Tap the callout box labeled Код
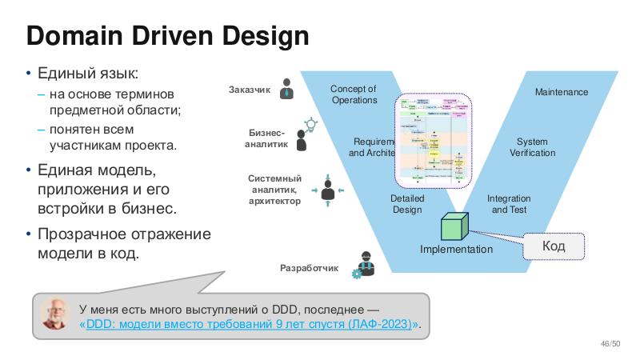[554, 246]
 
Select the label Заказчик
[250, 90]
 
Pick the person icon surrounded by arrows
[326, 192]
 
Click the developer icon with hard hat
[365, 264]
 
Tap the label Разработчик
[310, 268]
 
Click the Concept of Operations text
[354, 94]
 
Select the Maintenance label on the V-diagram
[561, 92]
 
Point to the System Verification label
[532, 147]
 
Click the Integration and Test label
[509, 204]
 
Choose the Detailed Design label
[407, 204]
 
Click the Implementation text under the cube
[456, 250]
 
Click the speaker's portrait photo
[56, 316]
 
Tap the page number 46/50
[610, 344]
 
